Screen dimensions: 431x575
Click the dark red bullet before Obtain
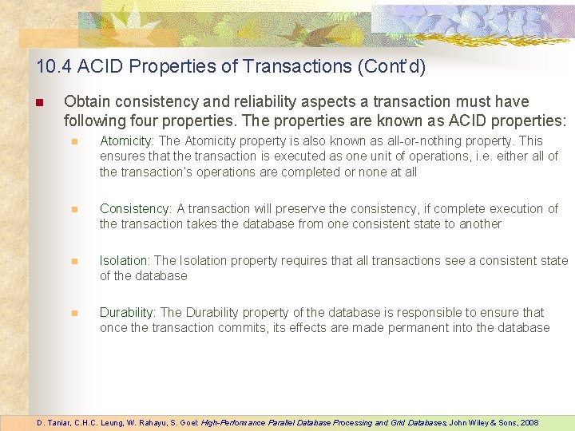(x=38, y=102)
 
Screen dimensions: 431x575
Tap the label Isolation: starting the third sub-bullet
(x=125, y=260)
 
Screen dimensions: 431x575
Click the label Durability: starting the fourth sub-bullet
(x=128, y=312)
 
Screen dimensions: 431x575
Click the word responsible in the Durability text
(x=416, y=312)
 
